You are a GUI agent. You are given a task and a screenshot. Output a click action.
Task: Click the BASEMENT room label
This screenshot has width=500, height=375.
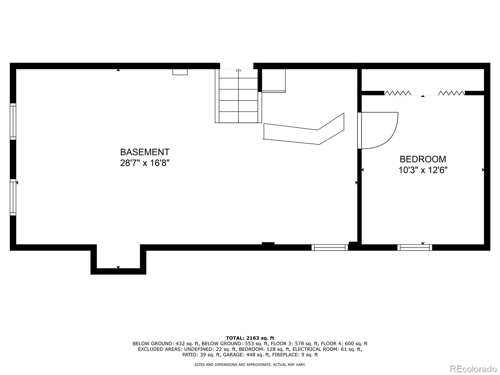point(145,152)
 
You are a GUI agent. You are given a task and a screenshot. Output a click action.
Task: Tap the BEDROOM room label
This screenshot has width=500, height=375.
point(423,159)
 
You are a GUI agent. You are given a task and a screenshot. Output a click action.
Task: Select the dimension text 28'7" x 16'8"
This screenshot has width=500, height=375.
point(145,163)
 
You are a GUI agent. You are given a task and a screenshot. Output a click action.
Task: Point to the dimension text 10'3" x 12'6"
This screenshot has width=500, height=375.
point(423,170)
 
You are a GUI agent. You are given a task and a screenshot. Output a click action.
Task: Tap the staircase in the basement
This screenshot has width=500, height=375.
point(238,95)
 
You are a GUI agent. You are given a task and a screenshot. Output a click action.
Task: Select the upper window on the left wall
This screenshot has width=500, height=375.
point(13,122)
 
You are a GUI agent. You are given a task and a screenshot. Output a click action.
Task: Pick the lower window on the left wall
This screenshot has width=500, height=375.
point(13,197)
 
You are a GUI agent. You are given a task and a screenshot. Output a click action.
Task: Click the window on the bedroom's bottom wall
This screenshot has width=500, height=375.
point(415,247)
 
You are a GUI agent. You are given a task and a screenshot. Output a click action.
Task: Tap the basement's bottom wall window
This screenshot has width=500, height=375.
point(330,247)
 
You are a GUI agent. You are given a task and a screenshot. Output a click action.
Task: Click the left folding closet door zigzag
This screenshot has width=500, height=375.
point(397,93)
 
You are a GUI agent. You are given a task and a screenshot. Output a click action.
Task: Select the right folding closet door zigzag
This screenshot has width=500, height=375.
point(452,93)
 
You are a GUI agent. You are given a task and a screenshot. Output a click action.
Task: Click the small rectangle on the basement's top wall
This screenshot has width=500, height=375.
point(180,72)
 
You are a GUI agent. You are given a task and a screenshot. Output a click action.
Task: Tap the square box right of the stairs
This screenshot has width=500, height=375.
point(273,80)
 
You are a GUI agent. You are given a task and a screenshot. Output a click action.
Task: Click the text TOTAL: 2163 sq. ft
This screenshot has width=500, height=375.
point(250,338)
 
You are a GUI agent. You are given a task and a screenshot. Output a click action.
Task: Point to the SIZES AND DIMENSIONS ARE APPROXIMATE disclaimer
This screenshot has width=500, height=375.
point(250,364)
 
